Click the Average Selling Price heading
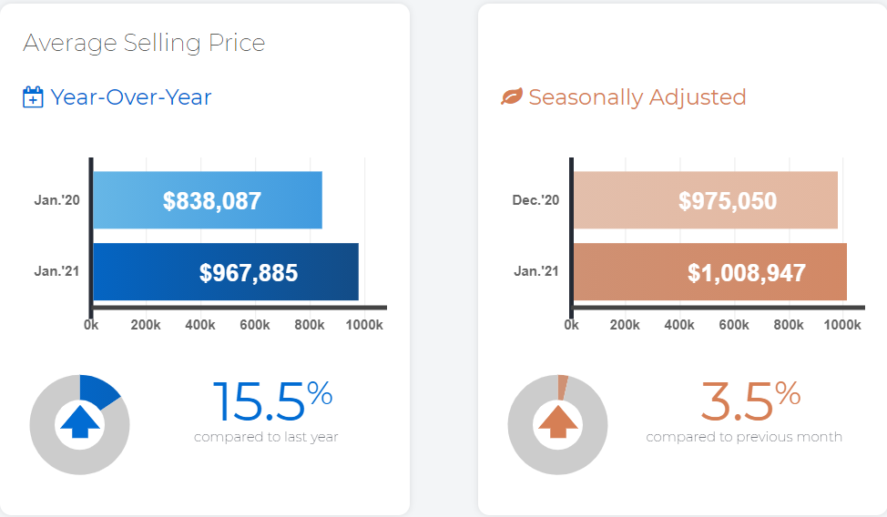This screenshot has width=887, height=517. click(144, 43)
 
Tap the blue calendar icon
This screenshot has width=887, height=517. click(33, 96)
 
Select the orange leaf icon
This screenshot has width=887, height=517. click(512, 96)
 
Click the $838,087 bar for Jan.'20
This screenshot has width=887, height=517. click(208, 200)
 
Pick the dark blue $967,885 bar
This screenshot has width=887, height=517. click(226, 271)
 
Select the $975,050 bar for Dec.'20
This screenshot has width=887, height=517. click(706, 200)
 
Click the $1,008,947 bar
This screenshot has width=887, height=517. click(710, 271)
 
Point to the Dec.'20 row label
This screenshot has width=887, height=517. click(535, 200)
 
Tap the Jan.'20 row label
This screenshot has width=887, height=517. click(56, 200)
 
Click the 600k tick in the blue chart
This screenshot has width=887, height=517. click(255, 325)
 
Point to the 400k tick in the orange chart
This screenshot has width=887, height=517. click(679, 325)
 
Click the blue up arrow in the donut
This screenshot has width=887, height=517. click(80, 421)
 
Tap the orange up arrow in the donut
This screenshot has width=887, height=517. click(557, 421)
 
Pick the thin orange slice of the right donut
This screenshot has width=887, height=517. click(562, 387)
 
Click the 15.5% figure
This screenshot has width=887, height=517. click(272, 400)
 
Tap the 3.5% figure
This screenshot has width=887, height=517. click(750, 400)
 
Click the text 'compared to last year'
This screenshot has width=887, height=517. click(266, 437)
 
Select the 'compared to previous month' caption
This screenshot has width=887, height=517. click(744, 437)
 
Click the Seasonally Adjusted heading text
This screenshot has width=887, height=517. click(637, 97)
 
